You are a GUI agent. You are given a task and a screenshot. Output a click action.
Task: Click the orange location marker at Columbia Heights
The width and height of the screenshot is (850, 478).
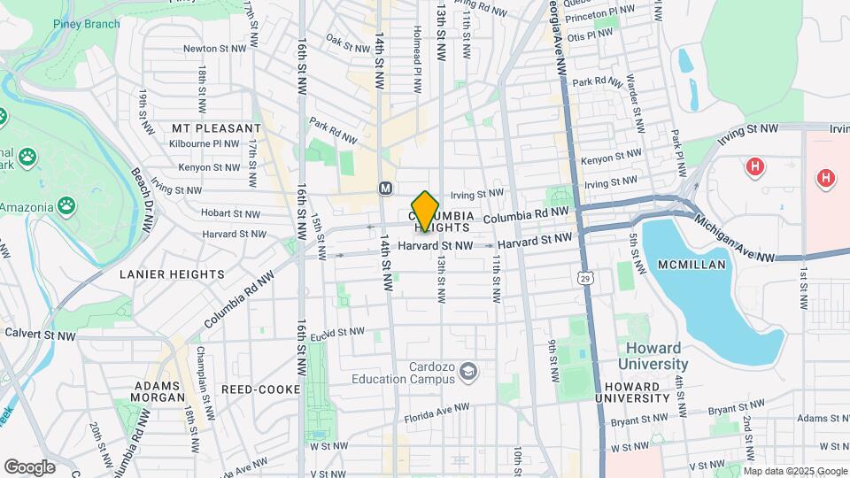point(426,211)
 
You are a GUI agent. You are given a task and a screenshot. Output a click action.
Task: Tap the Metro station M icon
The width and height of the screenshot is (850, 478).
point(385,188)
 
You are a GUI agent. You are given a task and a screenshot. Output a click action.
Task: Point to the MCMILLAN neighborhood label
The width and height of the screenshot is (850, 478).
point(692,265)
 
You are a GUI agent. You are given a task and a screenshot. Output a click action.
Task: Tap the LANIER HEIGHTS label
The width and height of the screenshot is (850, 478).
point(173,274)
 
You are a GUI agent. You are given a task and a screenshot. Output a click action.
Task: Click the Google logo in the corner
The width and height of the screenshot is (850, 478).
point(29,466)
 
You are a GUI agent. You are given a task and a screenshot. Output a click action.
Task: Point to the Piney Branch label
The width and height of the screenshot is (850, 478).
point(86,24)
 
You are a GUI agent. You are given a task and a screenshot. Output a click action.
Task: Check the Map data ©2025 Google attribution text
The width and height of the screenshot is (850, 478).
point(794,470)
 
